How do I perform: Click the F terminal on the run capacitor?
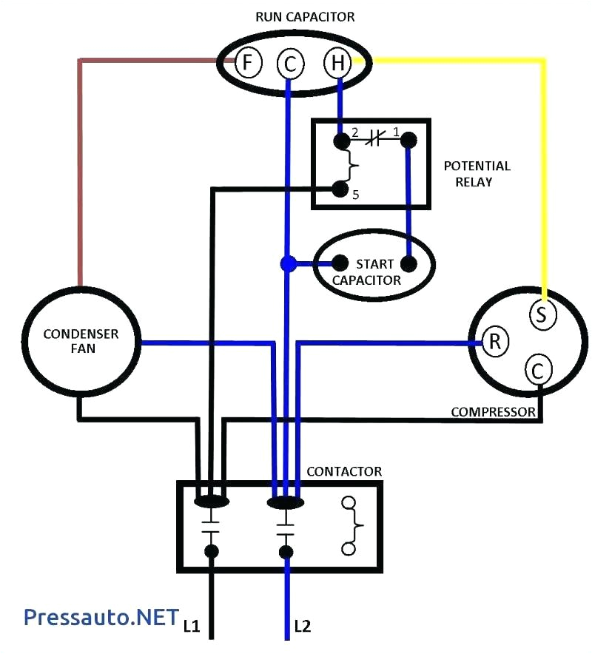pos(249,63)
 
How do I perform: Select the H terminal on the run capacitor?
pos(337,64)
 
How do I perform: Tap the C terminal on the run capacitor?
pos(289,65)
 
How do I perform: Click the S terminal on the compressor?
pos(542,314)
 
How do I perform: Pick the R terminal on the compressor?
pos(495,341)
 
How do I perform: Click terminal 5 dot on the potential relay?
pos(340,189)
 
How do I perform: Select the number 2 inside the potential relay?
pos(355,133)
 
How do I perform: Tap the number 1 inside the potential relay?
pos(396,133)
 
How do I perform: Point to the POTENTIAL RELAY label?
pos(477,174)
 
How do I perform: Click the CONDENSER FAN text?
pos(81,341)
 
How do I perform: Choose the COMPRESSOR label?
pos(493,411)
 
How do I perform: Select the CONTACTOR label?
pos(344,471)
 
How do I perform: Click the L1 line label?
pos(192,626)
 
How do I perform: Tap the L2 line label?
pos(302,626)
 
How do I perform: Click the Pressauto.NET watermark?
pos(101,616)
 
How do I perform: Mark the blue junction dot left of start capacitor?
pos(289,263)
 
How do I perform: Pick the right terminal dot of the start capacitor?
pos(408,263)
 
